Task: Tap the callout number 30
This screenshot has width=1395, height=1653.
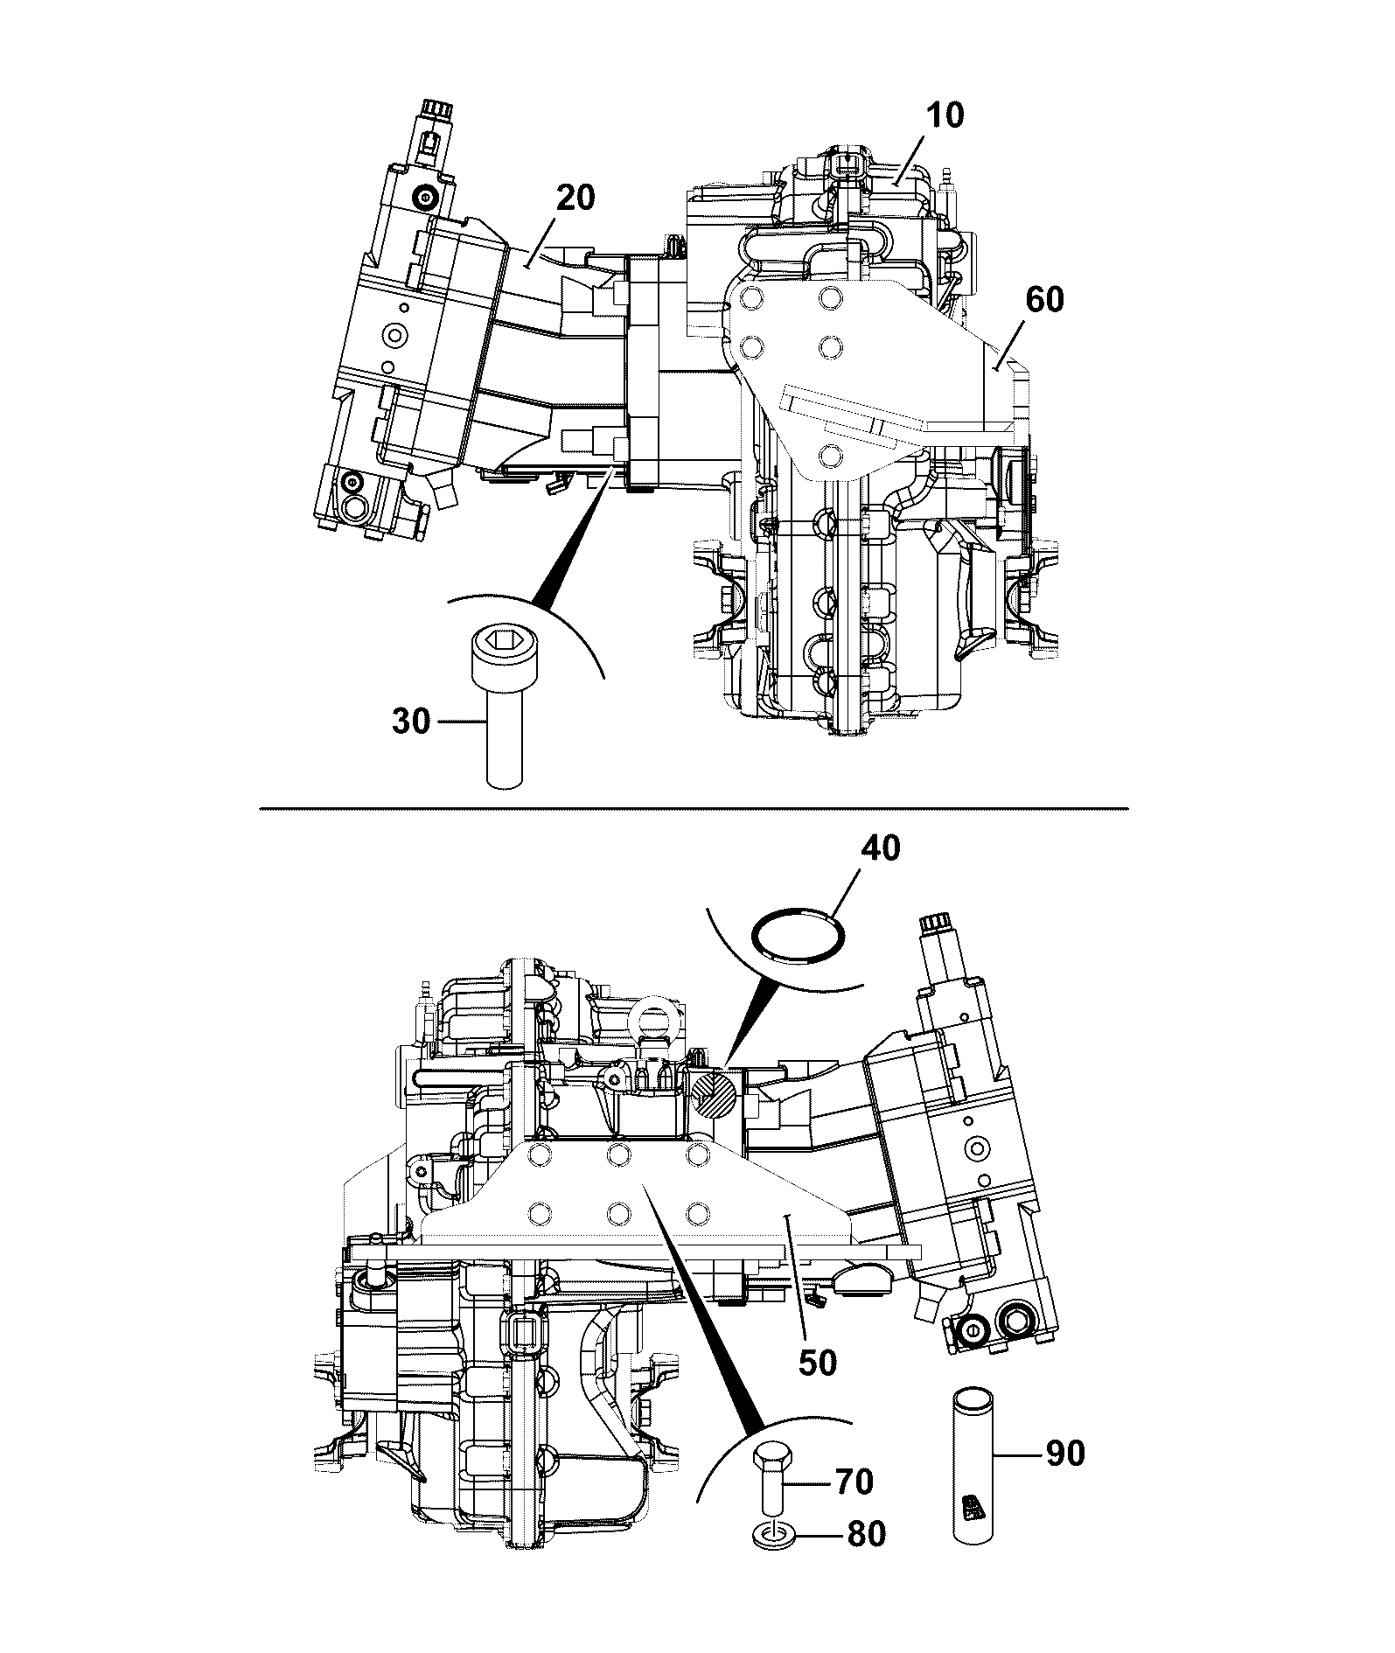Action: [410, 722]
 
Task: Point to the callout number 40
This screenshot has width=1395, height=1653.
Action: [880, 847]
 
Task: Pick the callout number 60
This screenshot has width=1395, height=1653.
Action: [1043, 300]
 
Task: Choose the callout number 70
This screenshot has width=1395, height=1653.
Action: [854, 1482]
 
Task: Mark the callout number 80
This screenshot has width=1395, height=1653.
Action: [864, 1534]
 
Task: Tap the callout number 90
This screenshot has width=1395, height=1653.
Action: [1064, 1454]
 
